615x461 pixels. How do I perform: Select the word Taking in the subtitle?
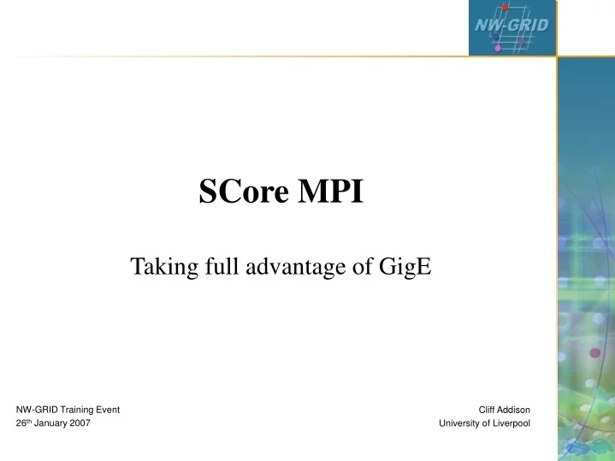[x=159, y=269]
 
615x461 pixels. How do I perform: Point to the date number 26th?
[x=25, y=423]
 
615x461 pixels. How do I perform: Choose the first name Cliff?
[x=488, y=410]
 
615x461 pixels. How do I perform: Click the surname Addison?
[x=516, y=410]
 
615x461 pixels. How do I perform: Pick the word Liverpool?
[x=514, y=423]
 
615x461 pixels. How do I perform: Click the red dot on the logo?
[x=506, y=7]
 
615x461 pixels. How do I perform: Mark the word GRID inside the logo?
[x=529, y=25]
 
